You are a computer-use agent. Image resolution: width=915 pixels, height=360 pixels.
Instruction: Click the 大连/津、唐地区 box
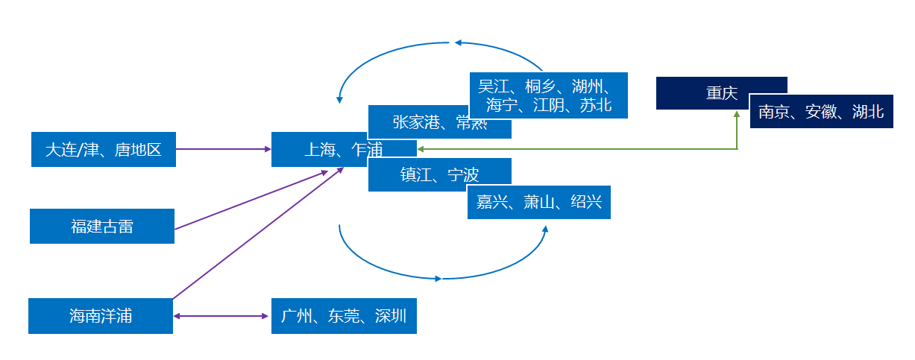(x=104, y=150)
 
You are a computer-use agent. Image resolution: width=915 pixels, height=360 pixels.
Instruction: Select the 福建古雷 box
(x=102, y=226)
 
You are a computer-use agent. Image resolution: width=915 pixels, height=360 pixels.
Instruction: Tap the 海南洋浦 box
(x=101, y=316)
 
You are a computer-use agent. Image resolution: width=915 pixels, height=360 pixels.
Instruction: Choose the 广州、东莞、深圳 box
(x=344, y=316)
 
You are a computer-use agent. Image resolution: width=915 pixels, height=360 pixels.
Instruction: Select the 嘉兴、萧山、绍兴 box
(x=538, y=202)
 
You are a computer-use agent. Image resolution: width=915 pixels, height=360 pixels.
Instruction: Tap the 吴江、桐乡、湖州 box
(x=548, y=95)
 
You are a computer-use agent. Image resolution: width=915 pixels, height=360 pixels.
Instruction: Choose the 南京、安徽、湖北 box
(x=820, y=112)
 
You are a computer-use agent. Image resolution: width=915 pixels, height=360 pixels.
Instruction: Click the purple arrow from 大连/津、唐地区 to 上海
(x=224, y=149)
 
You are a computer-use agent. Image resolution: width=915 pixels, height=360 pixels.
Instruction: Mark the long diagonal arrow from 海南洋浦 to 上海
(x=257, y=233)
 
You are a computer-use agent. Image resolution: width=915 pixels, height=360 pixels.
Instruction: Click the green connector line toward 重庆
(x=582, y=149)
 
